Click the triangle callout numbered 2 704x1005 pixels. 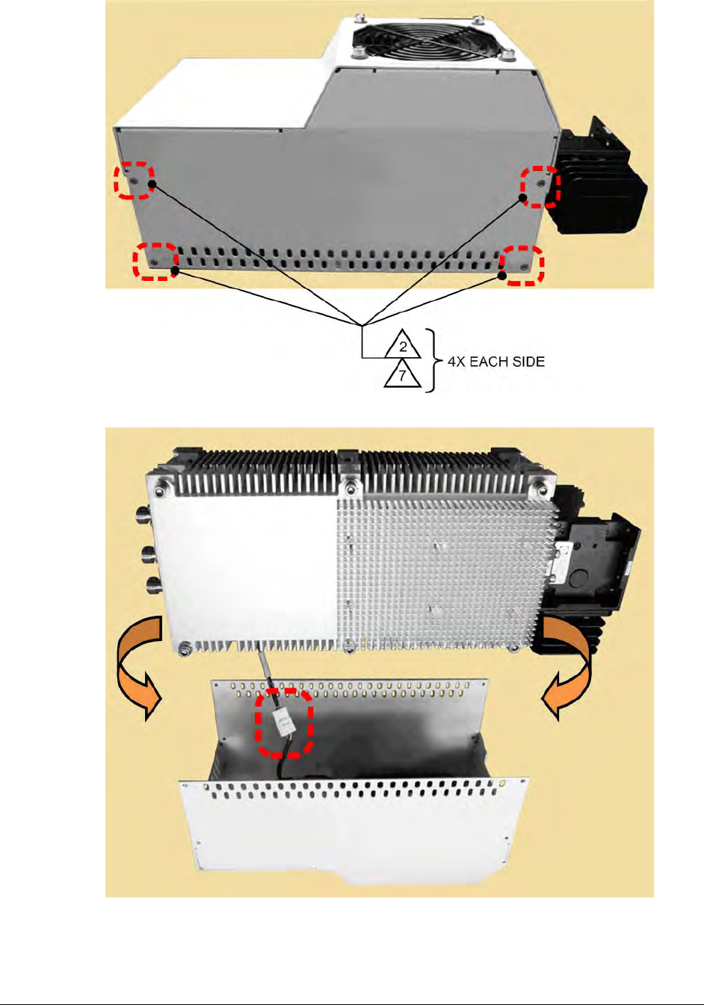coord(402,345)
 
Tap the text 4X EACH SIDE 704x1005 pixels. coord(495,362)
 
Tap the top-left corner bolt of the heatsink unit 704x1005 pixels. coord(160,492)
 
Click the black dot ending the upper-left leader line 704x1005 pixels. coord(152,184)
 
